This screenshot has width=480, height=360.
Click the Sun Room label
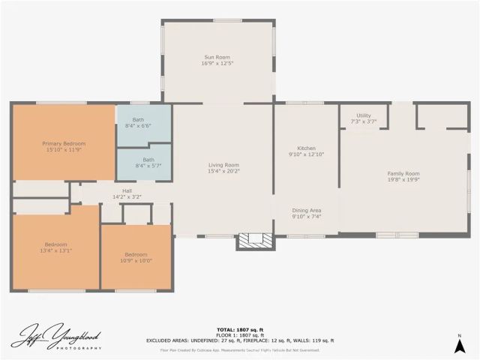(x=217, y=58)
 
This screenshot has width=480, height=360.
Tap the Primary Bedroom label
(x=64, y=143)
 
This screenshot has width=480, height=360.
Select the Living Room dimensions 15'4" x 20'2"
(x=223, y=171)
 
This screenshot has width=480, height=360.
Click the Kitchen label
(x=306, y=148)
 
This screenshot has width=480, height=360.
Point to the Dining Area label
(x=306, y=210)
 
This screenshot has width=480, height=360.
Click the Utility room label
(x=364, y=115)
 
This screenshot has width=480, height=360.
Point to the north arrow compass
(x=459, y=343)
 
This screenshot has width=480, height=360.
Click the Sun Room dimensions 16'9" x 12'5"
(x=217, y=64)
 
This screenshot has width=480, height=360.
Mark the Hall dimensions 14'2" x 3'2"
(x=126, y=196)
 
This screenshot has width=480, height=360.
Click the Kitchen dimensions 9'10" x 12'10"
(x=306, y=154)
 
